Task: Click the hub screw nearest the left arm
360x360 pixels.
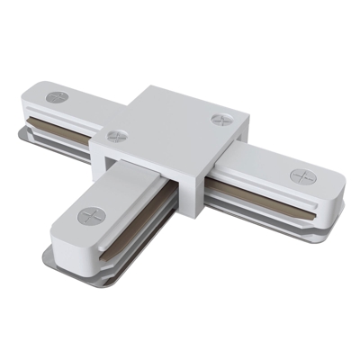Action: (x=116, y=137)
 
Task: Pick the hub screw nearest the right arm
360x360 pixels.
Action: (x=220, y=119)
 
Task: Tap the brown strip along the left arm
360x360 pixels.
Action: (x=67, y=121)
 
